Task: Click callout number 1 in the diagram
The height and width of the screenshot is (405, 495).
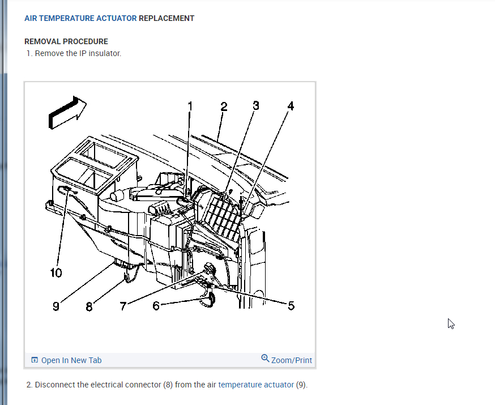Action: [190, 106]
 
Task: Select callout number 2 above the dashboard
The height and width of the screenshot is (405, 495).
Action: [224, 106]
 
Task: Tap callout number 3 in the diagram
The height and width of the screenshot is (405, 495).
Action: [256, 105]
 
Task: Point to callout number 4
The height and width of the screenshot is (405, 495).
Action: [291, 106]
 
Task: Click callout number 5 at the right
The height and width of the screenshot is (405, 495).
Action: [291, 306]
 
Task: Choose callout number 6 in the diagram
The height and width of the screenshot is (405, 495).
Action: [156, 306]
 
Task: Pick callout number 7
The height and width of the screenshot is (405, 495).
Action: [123, 306]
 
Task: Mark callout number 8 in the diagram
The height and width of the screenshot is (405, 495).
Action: [89, 306]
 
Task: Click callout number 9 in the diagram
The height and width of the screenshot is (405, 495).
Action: [56, 306]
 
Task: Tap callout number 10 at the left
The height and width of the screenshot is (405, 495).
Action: [56, 273]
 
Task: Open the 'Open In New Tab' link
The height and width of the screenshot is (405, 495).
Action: [71, 360]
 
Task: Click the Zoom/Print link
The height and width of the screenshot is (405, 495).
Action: [292, 360]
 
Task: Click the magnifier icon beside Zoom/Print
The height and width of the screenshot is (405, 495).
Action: [265, 359]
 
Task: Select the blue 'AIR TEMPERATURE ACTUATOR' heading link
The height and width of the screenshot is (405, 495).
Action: [80, 18]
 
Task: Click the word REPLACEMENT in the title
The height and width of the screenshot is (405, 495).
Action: [167, 18]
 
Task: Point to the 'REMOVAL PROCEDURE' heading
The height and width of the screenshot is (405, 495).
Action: [66, 41]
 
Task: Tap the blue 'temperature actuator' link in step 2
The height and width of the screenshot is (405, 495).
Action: [256, 385]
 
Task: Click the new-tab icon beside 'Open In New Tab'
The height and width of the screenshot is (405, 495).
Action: [35, 360]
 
